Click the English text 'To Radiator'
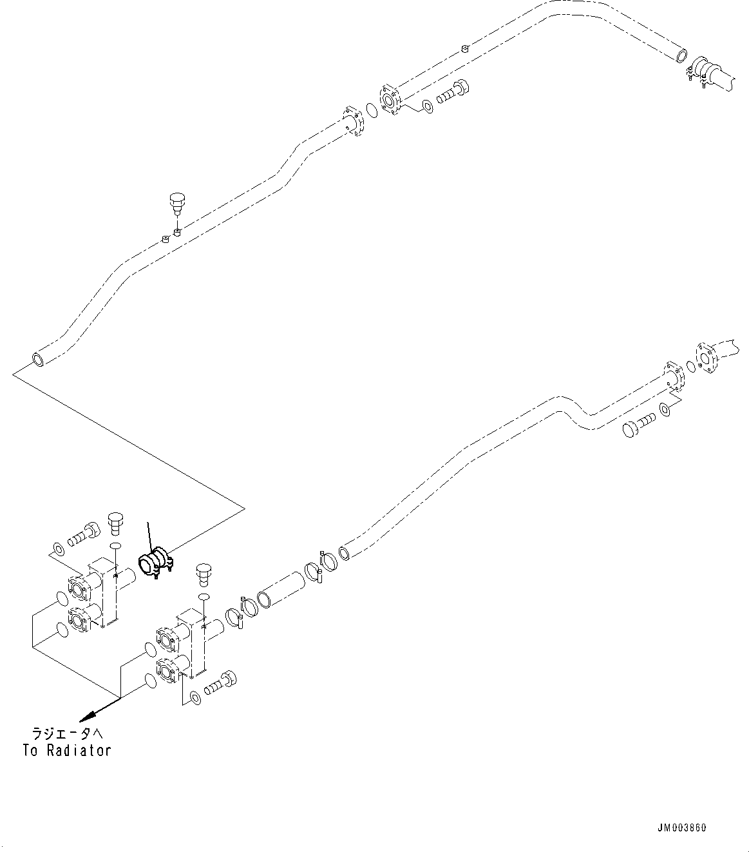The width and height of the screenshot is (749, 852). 67,750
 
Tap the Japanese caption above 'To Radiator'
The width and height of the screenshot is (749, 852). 67,735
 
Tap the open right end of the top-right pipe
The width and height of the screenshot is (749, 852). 681,55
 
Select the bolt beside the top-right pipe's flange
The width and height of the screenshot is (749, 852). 454,92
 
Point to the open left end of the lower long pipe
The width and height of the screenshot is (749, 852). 346,551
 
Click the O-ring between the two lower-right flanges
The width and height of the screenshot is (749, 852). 691,367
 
